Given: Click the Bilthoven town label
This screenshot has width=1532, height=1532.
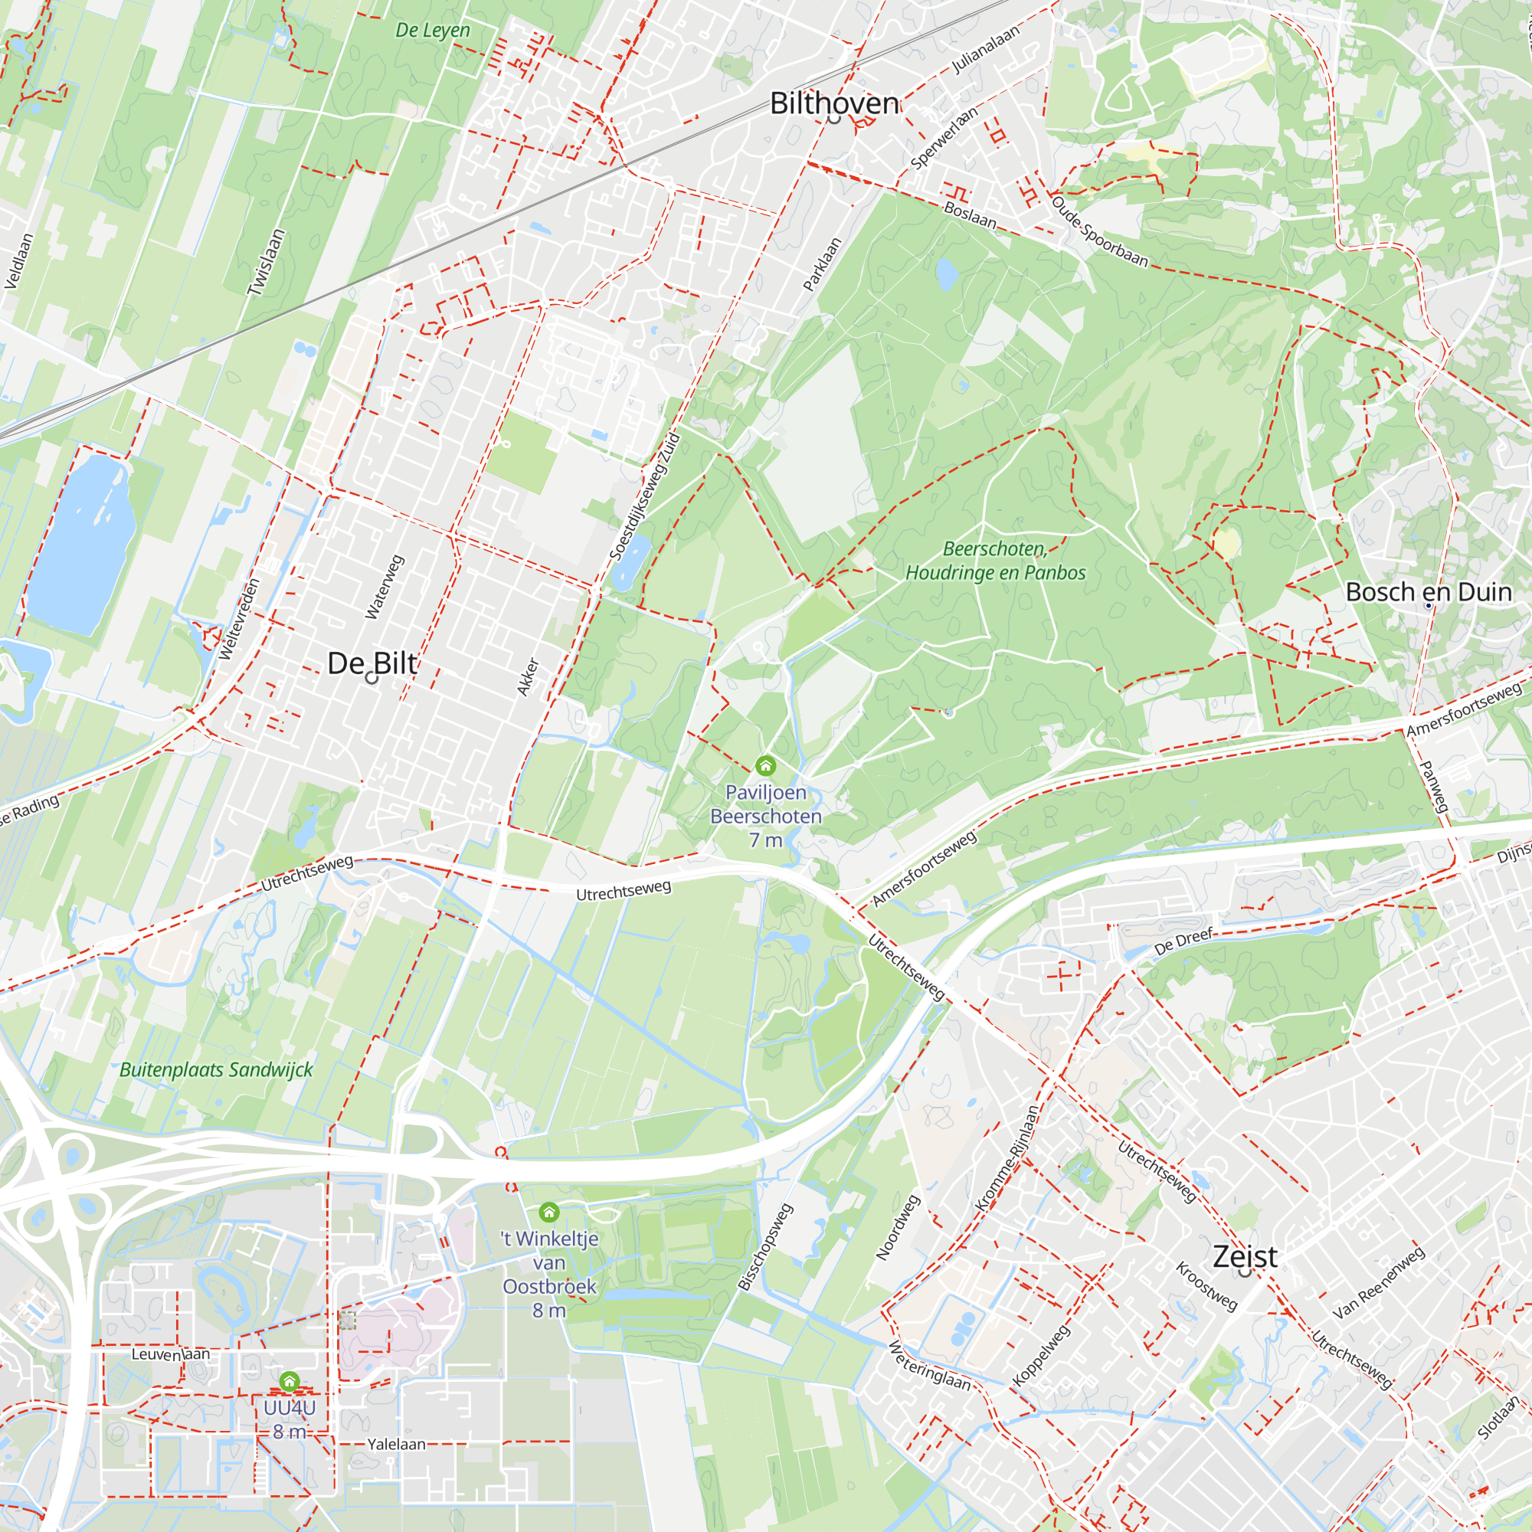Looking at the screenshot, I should click(x=834, y=103).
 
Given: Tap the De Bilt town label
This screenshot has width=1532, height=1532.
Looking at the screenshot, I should click(x=372, y=663).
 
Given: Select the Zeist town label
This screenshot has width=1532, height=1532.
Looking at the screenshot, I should click(x=1245, y=1256).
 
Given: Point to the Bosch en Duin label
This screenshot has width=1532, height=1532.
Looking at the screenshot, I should click(x=1429, y=591).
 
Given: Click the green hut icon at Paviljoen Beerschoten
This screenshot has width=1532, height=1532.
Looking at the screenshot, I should click(x=765, y=765).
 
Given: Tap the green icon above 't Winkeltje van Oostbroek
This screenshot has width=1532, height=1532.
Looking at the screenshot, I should click(x=548, y=1212).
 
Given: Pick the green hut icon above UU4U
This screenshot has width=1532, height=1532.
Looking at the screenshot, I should click(x=290, y=1381).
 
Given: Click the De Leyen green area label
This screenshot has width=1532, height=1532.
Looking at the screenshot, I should click(x=433, y=30).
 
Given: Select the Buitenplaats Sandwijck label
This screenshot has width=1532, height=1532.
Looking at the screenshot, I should click(x=216, y=1069).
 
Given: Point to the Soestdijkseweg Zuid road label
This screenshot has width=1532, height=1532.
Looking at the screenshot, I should click(x=645, y=496).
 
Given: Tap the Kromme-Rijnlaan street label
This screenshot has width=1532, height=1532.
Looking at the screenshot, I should click(x=1007, y=1159).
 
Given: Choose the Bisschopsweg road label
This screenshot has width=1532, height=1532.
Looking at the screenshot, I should click(x=765, y=1246).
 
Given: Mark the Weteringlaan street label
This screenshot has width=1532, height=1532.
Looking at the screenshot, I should click(x=928, y=1366).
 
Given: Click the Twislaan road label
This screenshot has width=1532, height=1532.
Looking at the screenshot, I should click(x=266, y=263).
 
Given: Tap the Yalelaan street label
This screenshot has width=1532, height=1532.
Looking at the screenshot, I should click(x=397, y=1444).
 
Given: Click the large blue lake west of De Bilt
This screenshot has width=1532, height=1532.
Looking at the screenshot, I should click(x=80, y=547).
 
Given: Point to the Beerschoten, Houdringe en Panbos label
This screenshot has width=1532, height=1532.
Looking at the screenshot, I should click(x=995, y=561).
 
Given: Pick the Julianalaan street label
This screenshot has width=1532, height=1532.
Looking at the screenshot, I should click(x=986, y=49).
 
